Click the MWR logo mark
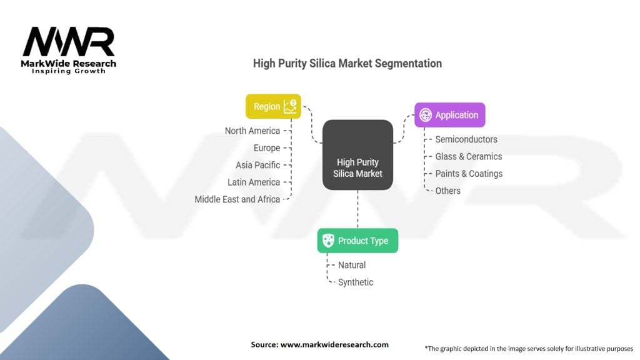coord(69,42)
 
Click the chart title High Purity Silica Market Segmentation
coord(347,64)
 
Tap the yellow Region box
coord(273,106)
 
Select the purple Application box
coord(450,115)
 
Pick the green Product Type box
coord(357,241)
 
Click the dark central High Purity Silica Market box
coord(357,155)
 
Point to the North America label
coord(252,131)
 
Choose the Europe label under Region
coord(266,148)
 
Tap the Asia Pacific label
coord(257,165)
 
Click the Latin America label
coord(254,182)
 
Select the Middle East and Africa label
coord(237,199)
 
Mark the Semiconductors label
coord(466,139)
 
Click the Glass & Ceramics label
coord(469,157)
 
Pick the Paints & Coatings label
coord(469,174)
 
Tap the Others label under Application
coord(447,191)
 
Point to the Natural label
coord(352,265)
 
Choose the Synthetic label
coord(356,282)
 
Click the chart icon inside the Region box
coord(290,106)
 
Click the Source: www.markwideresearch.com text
coord(319,344)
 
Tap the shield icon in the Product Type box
coord(328,241)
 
